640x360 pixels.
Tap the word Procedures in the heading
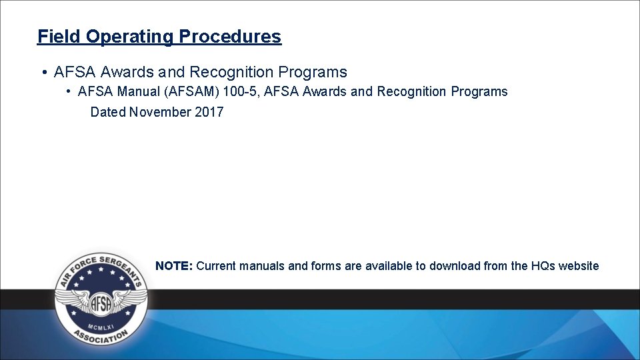pyautogui.click(x=230, y=36)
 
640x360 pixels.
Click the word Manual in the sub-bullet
pyautogui.click(x=136, y=91)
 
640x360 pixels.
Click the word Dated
pyautogui.click(x=108, y=112)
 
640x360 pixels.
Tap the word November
pyautogui.click(x=160, y=112)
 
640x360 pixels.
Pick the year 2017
pyautogui.click(x=209, y=112)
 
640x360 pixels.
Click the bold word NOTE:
pyautogui.click(x=174, y=266)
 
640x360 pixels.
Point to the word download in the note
pyautogui.click(x=453, y=266)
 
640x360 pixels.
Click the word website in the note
pyautogui.click(x=579, y=266)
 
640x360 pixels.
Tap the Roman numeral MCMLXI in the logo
pyautogui.click(x=101, y=326)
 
